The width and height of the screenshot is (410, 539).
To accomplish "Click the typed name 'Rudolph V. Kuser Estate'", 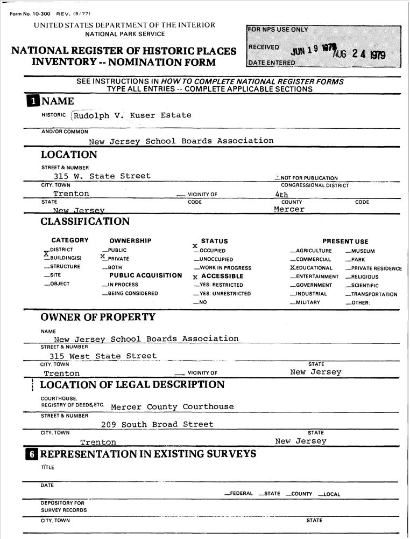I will point(132,115).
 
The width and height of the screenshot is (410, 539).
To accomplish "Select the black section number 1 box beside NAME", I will point(33,101).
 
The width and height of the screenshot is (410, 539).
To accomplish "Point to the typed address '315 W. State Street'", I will point(102,176).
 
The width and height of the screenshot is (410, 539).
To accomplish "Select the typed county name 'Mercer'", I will point(289,209).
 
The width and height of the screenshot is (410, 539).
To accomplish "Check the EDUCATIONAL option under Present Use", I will point(312,268).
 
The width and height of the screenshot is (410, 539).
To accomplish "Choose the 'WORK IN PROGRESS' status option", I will point(223,268).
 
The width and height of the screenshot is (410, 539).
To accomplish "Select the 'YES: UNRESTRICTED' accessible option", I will point(223,294).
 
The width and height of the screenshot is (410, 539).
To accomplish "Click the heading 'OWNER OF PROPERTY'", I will point(97,317).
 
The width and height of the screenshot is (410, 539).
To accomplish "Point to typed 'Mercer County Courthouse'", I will point(172,407).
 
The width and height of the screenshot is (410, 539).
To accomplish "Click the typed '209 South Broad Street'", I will point(157,425).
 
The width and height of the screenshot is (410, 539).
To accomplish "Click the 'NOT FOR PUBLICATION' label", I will point(307,178).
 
